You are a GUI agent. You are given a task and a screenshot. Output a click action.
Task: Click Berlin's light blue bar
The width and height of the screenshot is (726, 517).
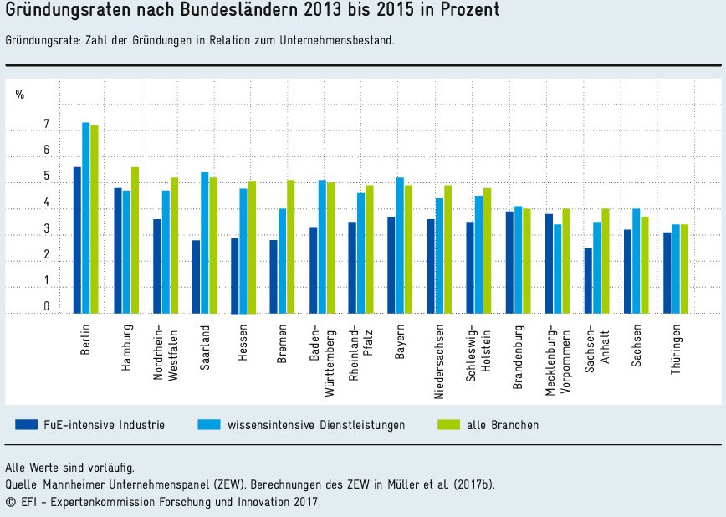tap(85, 218)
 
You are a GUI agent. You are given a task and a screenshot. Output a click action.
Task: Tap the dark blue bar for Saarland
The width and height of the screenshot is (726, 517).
tap(196, 277)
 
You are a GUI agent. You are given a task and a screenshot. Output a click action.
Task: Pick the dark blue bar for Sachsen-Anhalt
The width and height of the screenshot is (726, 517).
tap(588, 280)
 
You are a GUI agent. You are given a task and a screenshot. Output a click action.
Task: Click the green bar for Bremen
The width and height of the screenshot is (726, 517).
tap(290, 247)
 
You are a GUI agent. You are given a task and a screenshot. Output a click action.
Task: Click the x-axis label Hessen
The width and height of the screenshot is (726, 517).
tap(243, 342)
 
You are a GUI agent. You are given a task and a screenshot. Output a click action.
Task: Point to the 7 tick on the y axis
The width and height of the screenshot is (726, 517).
tap(47, 125)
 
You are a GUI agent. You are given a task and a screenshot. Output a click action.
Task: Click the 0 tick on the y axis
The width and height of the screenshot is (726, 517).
tap(47, 307)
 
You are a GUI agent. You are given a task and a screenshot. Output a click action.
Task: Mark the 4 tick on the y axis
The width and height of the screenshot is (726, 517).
tap(47, 203)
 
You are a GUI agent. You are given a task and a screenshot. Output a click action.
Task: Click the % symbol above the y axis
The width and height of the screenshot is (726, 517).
tap(20, 95)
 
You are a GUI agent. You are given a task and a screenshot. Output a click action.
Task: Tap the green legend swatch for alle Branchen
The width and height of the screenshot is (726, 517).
tap(449, 424)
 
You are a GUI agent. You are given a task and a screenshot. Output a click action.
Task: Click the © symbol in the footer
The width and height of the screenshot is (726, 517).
tap(10, 502)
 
